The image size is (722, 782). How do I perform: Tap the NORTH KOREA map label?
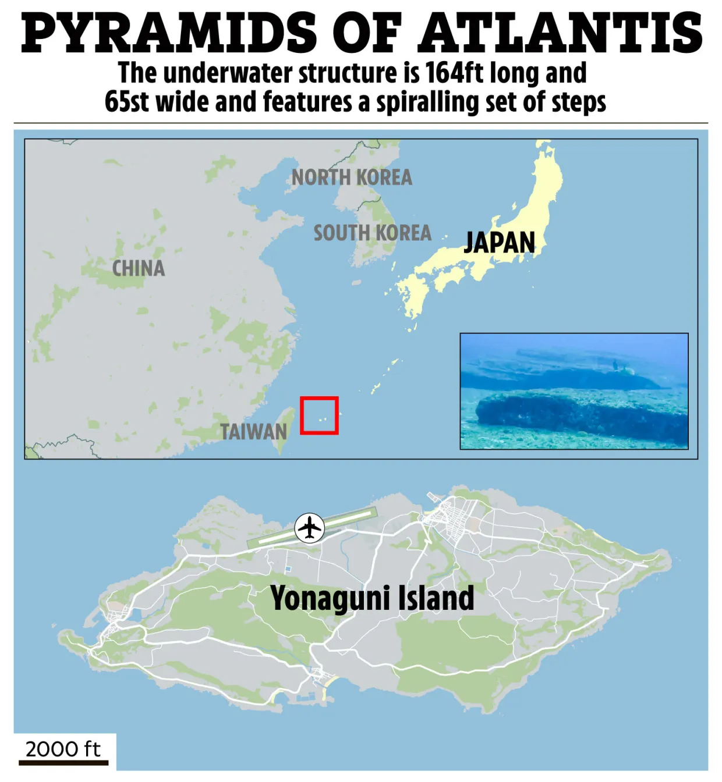(352, 177)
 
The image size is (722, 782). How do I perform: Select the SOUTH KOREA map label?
(373, 233)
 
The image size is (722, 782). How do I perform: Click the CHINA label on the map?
(139, 268)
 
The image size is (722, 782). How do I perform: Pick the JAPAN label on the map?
(499, 243)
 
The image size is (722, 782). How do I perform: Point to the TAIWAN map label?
(253, 432)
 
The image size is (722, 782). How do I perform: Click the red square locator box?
(319, 415)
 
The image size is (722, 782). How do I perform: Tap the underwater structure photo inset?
(574, 391)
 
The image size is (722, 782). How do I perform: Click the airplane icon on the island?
(309, 528)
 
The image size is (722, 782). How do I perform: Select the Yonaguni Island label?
(372, 599)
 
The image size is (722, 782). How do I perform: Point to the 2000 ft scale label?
(63, 749)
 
